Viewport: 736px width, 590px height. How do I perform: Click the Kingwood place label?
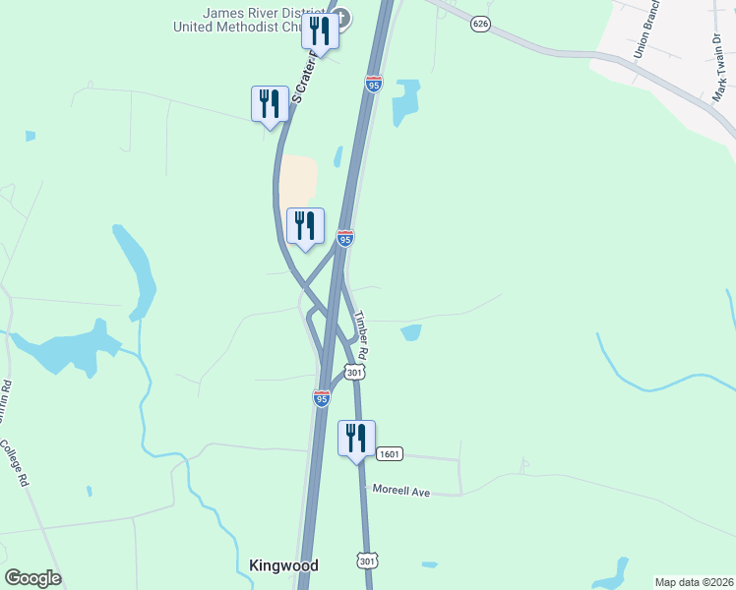pyautogui.click(x=284, y=565)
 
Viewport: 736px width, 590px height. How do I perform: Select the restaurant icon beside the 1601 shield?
pyautogui.click(x=356, y=438)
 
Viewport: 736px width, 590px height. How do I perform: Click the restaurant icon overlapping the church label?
pyautogui.click(x=320, y=29)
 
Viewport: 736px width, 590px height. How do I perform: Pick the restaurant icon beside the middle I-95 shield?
pyautogui.click(x=305, y=225)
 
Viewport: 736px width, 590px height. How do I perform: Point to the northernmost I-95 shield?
pyautogui.click(x=373, y=85)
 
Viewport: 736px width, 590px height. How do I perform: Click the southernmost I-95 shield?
pyautogui.click(x=321, y=398)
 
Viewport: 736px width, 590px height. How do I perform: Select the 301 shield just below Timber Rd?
pyautogui.click(x=355, y=372)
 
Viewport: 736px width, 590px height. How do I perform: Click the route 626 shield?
pyautogui.click(x=480, y=24)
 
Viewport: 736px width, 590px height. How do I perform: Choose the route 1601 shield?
pyautogui.click(x=390, y=454)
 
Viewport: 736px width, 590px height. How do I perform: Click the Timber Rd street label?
pyautogui.click(x=361, y=334)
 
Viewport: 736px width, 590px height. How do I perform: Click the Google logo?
pyautogui.click(x=32, y=578)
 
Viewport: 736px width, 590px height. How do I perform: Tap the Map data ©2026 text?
pyautogui.click(x=694, y=582)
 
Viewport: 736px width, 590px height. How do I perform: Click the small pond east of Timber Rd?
pyautogui.click(x=411, y=332)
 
